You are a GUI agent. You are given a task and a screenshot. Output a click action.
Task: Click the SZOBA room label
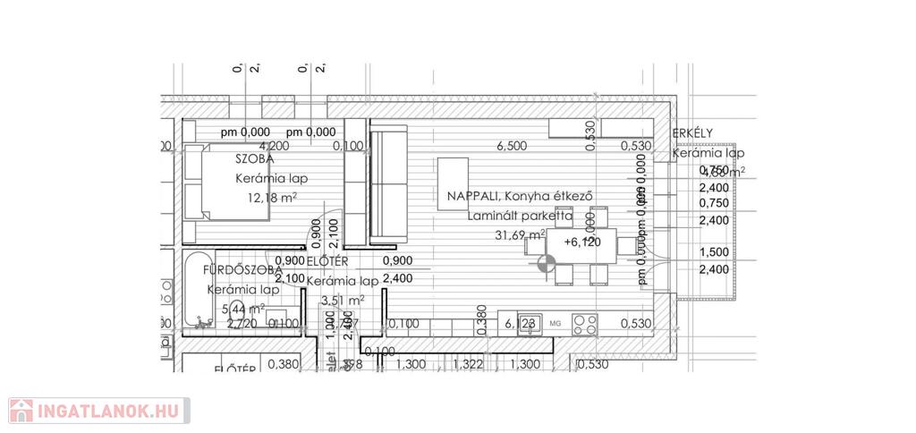pyautogui.click(x=254, y=158)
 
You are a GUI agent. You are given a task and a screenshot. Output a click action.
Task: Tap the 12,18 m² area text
pyautogui.click(x=266, y=198)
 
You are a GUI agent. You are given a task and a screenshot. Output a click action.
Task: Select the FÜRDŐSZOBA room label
pyautogui.click(x=242, y=269)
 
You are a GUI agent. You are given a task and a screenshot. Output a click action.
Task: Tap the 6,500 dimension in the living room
pyautogui.click(x=513, y=146)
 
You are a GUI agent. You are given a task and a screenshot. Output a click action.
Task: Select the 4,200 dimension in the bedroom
pyautogui.click(x=274, y=146)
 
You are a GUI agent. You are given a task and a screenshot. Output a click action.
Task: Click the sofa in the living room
pyautogui.click(x=387, y=185)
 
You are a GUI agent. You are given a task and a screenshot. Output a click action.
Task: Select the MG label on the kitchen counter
pyautogui.click(x=555, y=323)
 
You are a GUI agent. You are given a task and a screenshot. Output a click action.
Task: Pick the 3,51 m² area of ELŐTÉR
pyautogui.click(x=343, y=301)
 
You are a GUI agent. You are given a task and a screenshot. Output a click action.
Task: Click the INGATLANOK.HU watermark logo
pyautogui.click(x=98, y=412)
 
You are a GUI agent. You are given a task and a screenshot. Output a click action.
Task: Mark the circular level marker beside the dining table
pyautogui.click(x=547, y=263)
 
